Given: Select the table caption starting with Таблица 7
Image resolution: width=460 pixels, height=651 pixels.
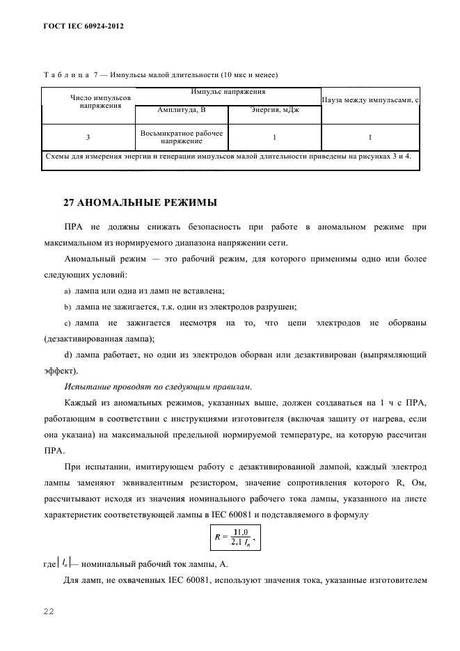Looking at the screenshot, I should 161,74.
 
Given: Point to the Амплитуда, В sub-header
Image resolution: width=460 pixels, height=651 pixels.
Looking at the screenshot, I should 182,110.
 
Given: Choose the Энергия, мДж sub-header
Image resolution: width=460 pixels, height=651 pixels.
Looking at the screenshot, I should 275,110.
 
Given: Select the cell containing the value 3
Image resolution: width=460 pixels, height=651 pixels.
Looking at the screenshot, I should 89,136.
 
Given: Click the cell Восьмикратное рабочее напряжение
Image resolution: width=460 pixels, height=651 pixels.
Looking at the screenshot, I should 182,136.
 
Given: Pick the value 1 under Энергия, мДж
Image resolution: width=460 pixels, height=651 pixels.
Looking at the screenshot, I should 275,136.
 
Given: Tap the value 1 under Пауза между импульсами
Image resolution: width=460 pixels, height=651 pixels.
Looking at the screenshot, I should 370,136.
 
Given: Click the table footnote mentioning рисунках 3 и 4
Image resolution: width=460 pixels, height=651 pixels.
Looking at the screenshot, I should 228,156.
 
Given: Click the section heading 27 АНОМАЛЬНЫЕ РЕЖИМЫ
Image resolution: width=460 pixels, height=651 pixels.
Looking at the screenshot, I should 140,203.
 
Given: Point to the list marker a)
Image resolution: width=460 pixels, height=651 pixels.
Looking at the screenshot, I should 68,291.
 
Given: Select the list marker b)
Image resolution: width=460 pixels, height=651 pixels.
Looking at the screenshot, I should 68,307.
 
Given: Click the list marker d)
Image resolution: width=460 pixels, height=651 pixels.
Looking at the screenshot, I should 68,355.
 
